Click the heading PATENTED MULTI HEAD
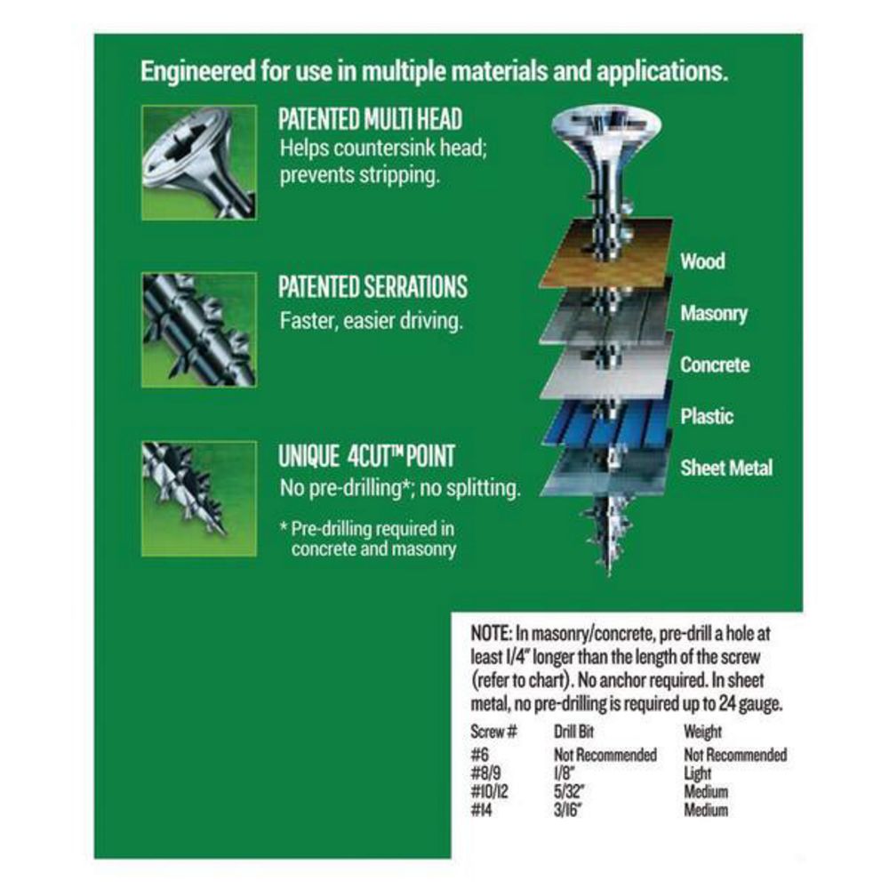370,119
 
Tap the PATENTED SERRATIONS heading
372,287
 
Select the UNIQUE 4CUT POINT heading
366,456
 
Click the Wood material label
702,261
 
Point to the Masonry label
714,314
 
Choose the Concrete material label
715,364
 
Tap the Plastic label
707,416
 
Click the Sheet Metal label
726,468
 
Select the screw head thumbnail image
199,162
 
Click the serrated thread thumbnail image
199,330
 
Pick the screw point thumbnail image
199,499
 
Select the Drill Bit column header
573,732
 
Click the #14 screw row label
481,810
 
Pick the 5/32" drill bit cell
569,791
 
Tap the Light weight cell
697,773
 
